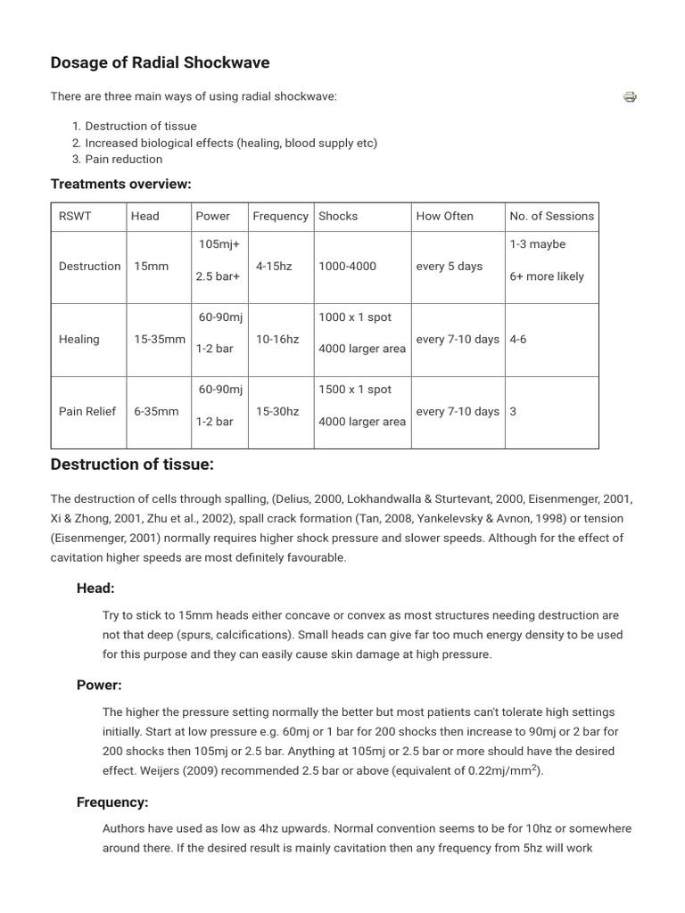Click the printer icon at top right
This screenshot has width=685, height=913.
pyautogui.click(x=630, y=97)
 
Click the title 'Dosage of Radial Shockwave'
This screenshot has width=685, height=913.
pyautogui.click(x=160, y=62)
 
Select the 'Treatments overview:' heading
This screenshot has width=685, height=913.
pyautogui.click(x=121, y=184)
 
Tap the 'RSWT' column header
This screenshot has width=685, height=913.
pyautogui.click(x=75, y=216)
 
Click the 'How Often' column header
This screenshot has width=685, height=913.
pyautogui.click(x=444, y=216)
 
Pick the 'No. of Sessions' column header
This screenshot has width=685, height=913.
pyautogui.click(x=551, y=216)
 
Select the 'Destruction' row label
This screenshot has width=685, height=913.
pyautogui.click(x=89, y=267)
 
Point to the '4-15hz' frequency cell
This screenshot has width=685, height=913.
pyautogui.click(x=274, y=267)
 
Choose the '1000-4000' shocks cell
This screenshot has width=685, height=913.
pyautogui.click(x=347, y=267)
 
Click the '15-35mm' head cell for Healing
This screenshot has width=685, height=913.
pyautogui.click(x=159, y=340)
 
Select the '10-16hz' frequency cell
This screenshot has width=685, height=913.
pyautogui.click(x=277, y=340)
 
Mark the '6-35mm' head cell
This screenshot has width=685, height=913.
pyautogui.click(x=155, y=412)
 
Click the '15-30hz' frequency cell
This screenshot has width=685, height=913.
pyautogui.click(x=277, y=412)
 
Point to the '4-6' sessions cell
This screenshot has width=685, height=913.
pyautogui.click(x=518, y=340)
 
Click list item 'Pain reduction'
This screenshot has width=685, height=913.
pyautogui.click(x=124, y=160)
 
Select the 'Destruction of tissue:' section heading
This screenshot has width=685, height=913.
pyautogui.click(x=132, y=465)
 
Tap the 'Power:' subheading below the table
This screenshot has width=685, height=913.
pyautogui.click(x=99, y=685)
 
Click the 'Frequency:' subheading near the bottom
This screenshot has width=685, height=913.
pyautogui.click(x=112, y=802)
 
